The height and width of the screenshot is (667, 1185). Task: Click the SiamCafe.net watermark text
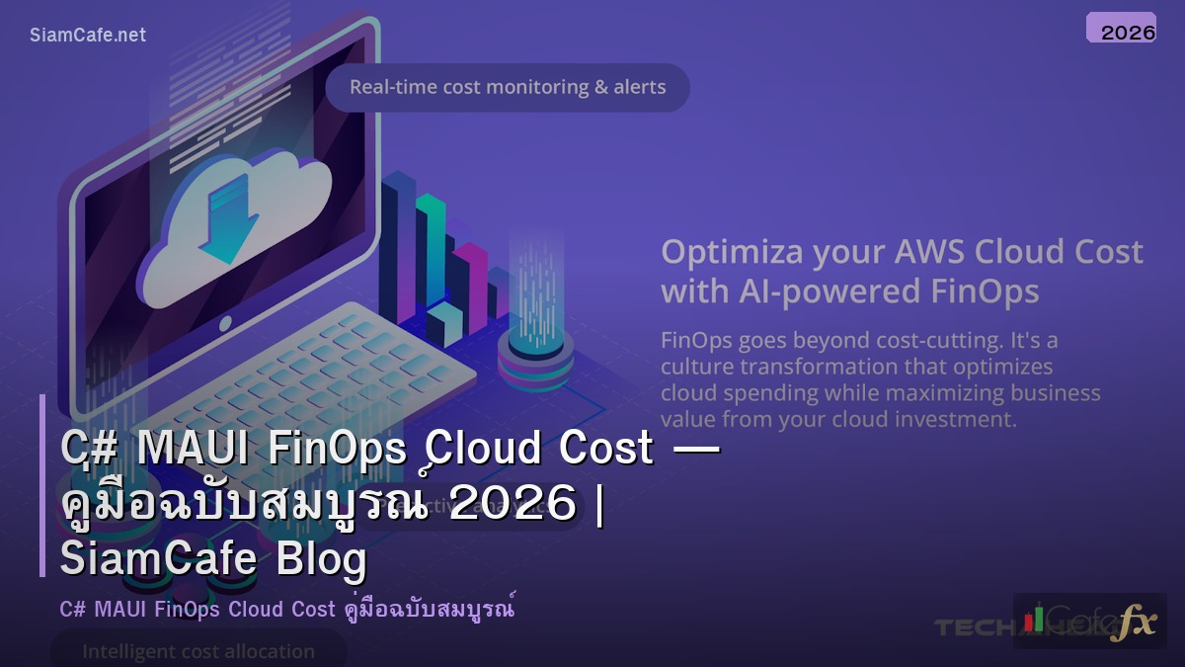point(88,35)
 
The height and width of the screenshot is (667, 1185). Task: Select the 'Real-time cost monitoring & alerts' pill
point(508,87)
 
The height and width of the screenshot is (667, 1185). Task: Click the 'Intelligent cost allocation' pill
point(198,651)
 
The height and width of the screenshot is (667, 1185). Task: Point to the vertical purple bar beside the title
point(42,485)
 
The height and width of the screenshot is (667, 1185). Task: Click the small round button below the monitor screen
point(226,323)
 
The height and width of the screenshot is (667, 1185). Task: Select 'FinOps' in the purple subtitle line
point(188,609)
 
